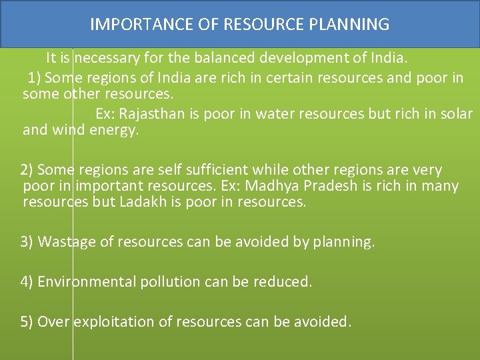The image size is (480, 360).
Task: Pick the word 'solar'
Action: (457, 113)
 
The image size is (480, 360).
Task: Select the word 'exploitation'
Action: (109, 322)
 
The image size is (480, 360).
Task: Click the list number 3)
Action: (27, 241)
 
